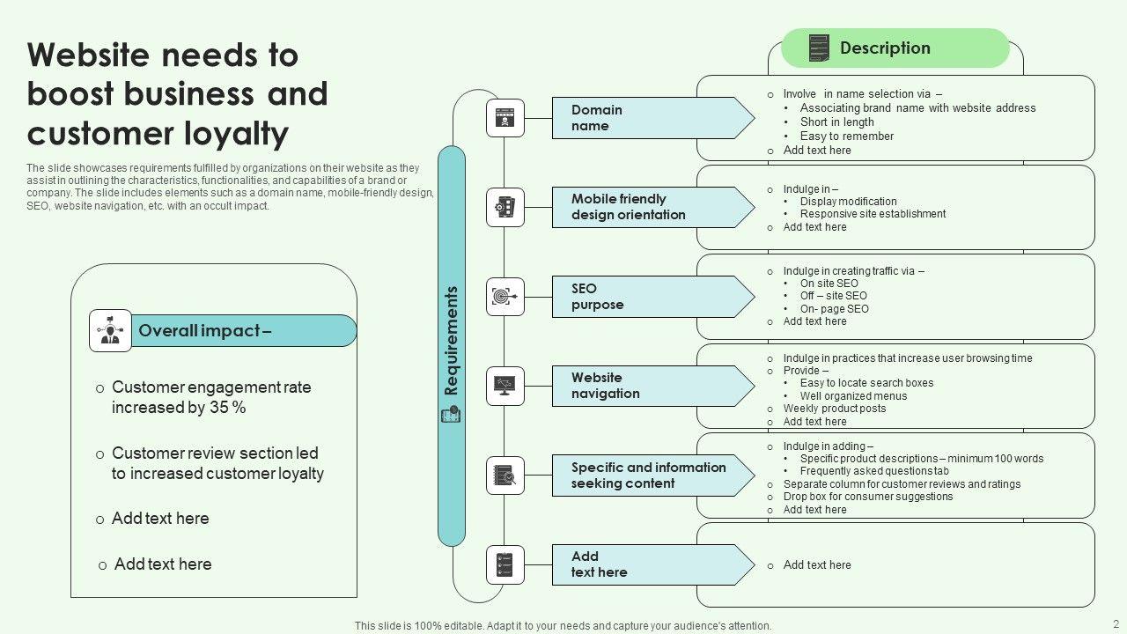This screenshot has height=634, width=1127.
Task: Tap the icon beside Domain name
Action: point(505,118)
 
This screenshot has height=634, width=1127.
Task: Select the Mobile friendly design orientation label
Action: point(628,207)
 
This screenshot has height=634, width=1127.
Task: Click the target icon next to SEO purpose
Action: point(505,297)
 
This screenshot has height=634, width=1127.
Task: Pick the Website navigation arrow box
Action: point(652,386)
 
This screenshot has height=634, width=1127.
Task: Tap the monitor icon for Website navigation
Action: point(505,386)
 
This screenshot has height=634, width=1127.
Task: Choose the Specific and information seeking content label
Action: point(648,475)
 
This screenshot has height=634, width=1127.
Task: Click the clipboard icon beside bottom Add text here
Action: point(505,564)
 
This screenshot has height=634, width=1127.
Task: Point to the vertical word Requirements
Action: point(452,340)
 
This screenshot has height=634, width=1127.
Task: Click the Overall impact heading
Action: point(205,331)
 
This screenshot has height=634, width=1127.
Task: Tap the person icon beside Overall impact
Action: point(111,331)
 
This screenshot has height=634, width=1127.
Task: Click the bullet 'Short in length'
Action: point(836,122)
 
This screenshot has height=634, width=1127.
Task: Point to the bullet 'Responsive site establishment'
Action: point(873,214)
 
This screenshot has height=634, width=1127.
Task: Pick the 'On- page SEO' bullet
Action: point(834,309)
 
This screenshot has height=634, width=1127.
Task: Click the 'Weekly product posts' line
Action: point(835,409)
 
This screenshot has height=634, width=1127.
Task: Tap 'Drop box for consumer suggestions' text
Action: point(868,497)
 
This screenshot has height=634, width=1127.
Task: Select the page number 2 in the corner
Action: point(1116,623)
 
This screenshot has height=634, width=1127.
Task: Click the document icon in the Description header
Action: point(819,48)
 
